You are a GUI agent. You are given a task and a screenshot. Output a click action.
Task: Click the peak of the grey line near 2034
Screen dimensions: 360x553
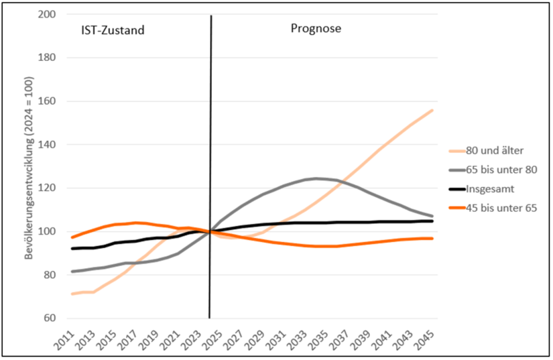click(x=316, y=178)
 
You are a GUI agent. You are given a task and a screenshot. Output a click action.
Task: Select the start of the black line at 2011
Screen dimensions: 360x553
click(x=72, y=249)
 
